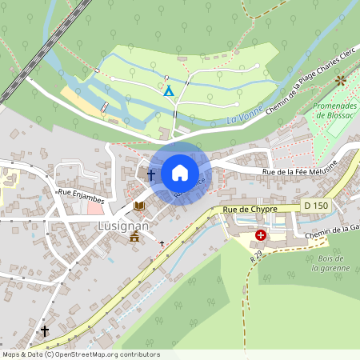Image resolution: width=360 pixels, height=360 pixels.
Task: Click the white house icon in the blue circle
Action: point(180,173)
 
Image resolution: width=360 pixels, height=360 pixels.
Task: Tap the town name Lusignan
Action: point(101,226)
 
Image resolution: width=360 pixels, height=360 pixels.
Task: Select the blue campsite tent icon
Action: point(168,90)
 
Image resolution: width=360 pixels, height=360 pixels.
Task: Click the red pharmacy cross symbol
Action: point(261,236)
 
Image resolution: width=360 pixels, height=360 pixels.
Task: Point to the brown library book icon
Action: point(140,206)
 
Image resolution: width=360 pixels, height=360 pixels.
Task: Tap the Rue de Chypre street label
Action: point(250,210)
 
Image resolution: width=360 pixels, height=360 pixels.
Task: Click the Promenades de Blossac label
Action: point(333,110)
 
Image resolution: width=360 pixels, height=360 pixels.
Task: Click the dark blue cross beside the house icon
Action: point(150,174)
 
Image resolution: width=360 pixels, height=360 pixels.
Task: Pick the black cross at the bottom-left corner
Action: point(45,330)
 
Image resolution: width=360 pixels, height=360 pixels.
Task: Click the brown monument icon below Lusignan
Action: point(134,238)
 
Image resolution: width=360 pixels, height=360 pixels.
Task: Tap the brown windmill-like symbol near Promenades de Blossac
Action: point(342,80)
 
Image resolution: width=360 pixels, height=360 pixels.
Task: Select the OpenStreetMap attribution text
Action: point(80,354)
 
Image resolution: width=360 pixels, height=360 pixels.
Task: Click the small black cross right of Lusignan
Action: point(162,242)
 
